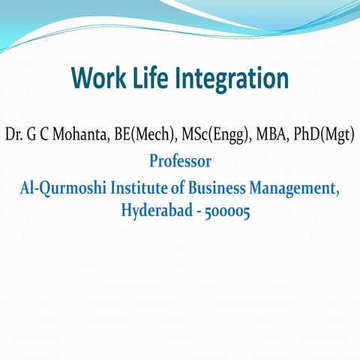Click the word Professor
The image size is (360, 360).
pyautogui.click(x=180, y=161)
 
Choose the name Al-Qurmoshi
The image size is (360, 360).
pyautogui.click(x=64, y=188)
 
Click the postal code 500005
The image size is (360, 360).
pyautogui.click(x=223, y=211)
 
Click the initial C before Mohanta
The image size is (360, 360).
pyautogui.click(x=46, y=136)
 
